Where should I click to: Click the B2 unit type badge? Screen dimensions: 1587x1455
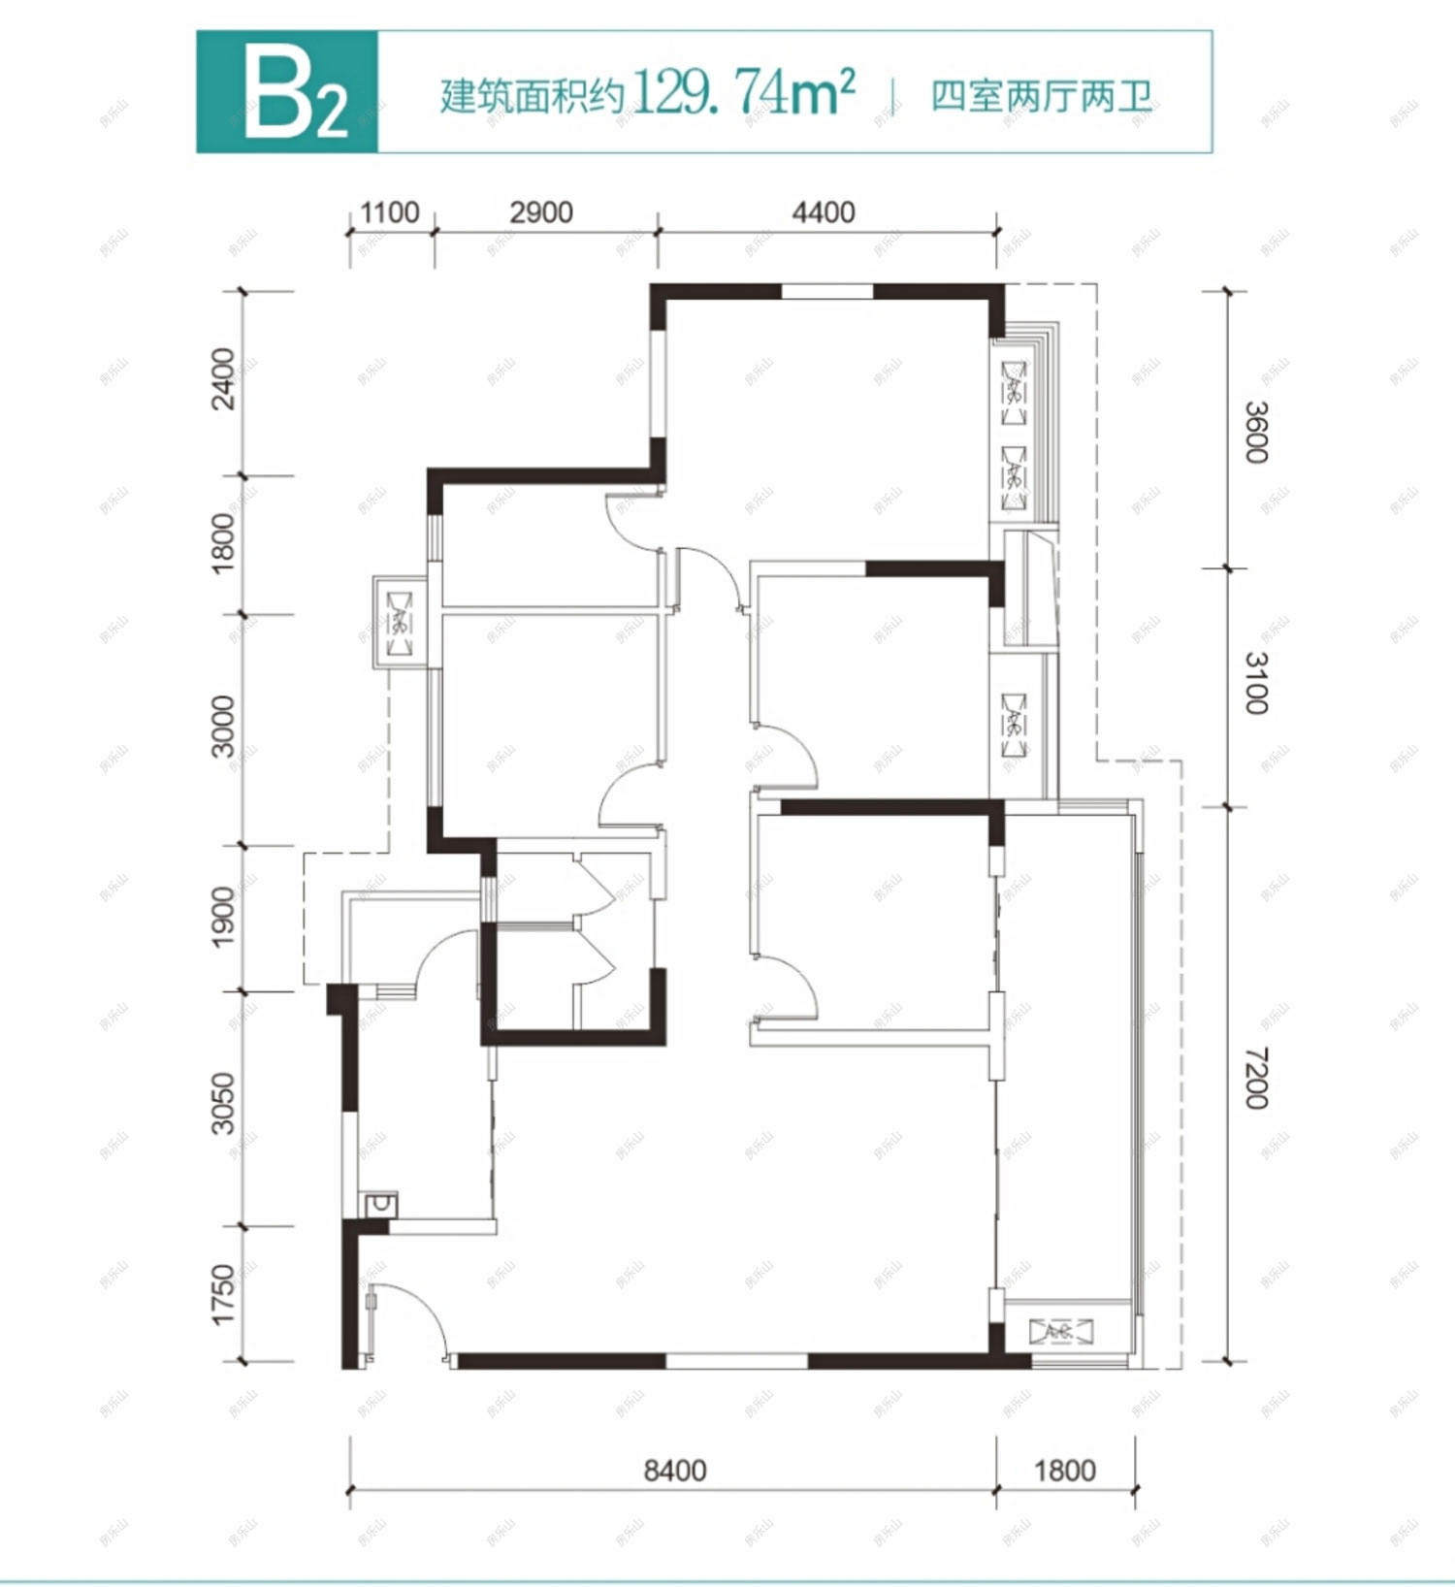pos(287,92)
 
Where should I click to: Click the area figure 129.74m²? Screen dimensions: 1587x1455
pos(743,93)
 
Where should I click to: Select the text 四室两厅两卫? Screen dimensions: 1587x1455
pos(1041,96)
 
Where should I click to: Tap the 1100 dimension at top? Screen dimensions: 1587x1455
pos(389,212)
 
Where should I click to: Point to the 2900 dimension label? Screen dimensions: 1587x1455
pos(540,212)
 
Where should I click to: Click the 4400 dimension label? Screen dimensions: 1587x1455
pos(823,212)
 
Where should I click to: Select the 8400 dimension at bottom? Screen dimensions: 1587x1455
pos(675,1471)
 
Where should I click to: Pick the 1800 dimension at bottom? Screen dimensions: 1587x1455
pos(1064,1471)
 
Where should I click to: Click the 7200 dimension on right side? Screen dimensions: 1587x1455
pos(1256,1078)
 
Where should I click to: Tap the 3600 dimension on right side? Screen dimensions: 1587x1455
pos(1256,432)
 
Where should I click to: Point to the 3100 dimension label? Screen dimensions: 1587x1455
pos(1256,683)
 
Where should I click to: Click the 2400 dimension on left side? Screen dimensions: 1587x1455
pos(223,379)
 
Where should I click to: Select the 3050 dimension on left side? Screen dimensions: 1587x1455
pos(223,1103)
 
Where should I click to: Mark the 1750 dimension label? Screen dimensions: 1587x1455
pos(223,1293)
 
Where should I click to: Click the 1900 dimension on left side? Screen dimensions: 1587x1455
pos(223,917)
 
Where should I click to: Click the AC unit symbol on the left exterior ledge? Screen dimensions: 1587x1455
pos(400,621)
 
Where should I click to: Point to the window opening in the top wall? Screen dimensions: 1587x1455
pos(826,291)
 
